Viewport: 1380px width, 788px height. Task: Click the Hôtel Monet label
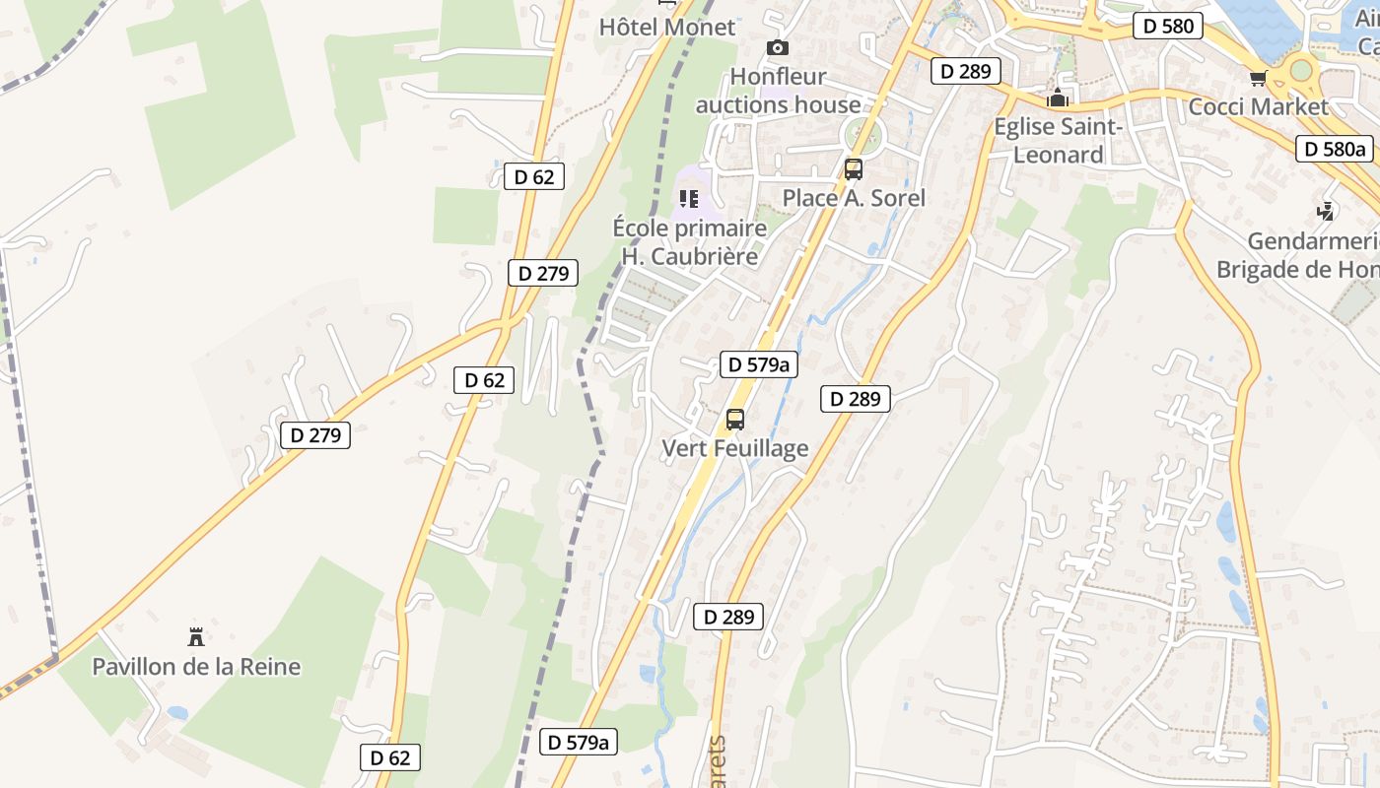click(667, 27)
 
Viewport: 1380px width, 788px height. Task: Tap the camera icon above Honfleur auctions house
click(778, 47)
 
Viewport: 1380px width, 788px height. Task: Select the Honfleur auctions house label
click(779, 91)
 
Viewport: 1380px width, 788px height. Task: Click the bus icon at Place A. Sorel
click(854, 168)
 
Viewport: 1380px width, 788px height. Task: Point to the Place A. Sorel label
click(854, 198)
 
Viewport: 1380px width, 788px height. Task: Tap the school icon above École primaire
click(689, 199)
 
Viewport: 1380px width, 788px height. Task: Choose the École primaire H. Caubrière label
click(690, 242)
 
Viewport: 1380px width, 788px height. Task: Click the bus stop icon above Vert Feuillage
click(735, 419)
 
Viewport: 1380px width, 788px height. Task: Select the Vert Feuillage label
click(735, 448)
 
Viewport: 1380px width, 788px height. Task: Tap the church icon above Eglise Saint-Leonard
click(1058, 98)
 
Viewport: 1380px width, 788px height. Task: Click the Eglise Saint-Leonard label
click(1059, 141)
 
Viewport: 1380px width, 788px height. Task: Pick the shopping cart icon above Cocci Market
click(1258, 78)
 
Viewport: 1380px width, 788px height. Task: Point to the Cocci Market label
click(1259, 106)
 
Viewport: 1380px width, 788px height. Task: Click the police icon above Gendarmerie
click(1327, 211)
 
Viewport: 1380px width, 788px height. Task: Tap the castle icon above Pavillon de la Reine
click(196, 636)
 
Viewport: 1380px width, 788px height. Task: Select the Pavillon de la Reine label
click(196, 667)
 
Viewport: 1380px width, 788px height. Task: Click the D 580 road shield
click(1168, 26)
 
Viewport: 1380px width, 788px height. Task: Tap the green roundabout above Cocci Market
click(1301, 69)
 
